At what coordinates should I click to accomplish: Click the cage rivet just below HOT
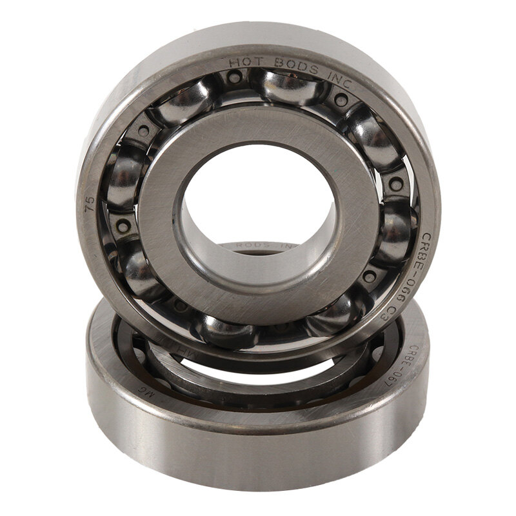point(235,77)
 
